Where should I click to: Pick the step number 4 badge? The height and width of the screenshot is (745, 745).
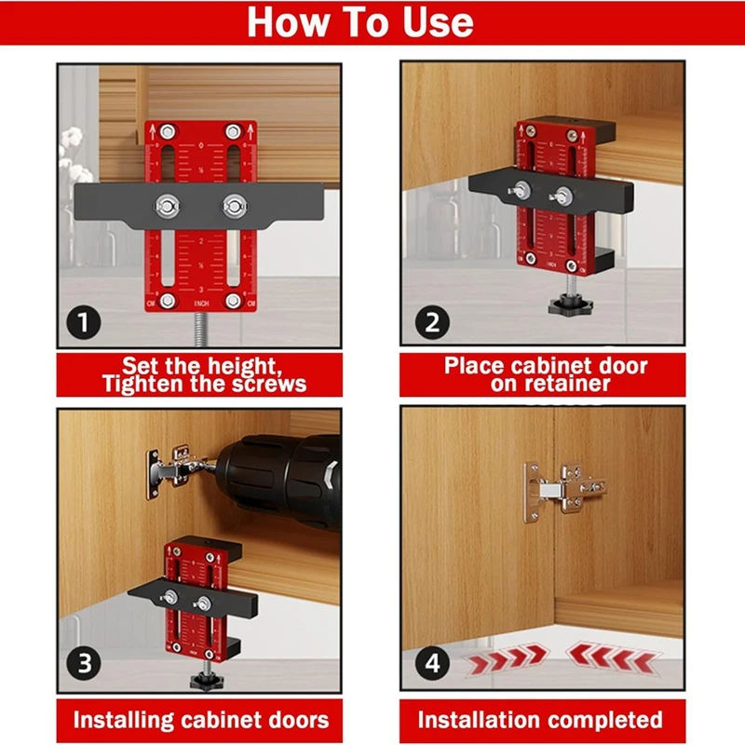pos(432,664)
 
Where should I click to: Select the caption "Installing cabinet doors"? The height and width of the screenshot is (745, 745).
pos(201,720)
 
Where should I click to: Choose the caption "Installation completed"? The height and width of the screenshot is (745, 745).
pos(540,720)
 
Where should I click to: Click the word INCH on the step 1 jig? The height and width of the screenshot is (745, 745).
pos(201,304)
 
